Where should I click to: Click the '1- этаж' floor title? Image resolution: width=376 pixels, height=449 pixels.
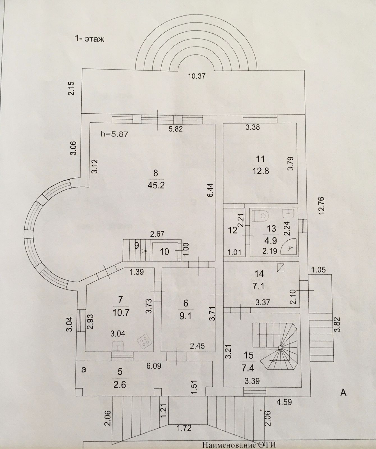point(89,39)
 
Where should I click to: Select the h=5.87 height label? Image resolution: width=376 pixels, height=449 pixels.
point(114,134)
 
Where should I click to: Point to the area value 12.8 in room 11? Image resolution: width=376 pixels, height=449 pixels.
point(260,171)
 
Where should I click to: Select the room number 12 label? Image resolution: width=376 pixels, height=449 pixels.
point(233,231)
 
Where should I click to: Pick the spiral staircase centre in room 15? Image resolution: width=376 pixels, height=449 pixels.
point(280,347)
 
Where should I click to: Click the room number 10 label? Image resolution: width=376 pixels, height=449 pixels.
point(164,252)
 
